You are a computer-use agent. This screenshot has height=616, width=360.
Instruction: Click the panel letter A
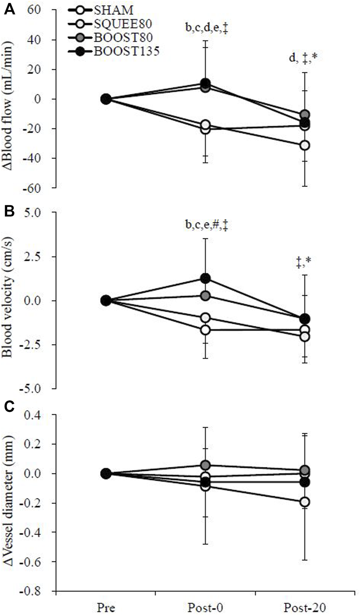(x=9, y=10)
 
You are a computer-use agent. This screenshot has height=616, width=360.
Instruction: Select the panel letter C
(x=9, y=406)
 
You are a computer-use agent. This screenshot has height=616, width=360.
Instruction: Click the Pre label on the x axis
(x=106, y=607)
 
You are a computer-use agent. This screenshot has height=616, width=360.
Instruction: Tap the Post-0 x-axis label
(x=205, y=607)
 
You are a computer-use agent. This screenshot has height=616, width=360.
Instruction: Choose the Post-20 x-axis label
(x=304, y=607)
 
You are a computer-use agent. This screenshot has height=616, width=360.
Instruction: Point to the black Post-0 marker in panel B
(x=205, y=278)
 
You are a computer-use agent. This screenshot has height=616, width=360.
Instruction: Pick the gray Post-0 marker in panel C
(x=205, y=465)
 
